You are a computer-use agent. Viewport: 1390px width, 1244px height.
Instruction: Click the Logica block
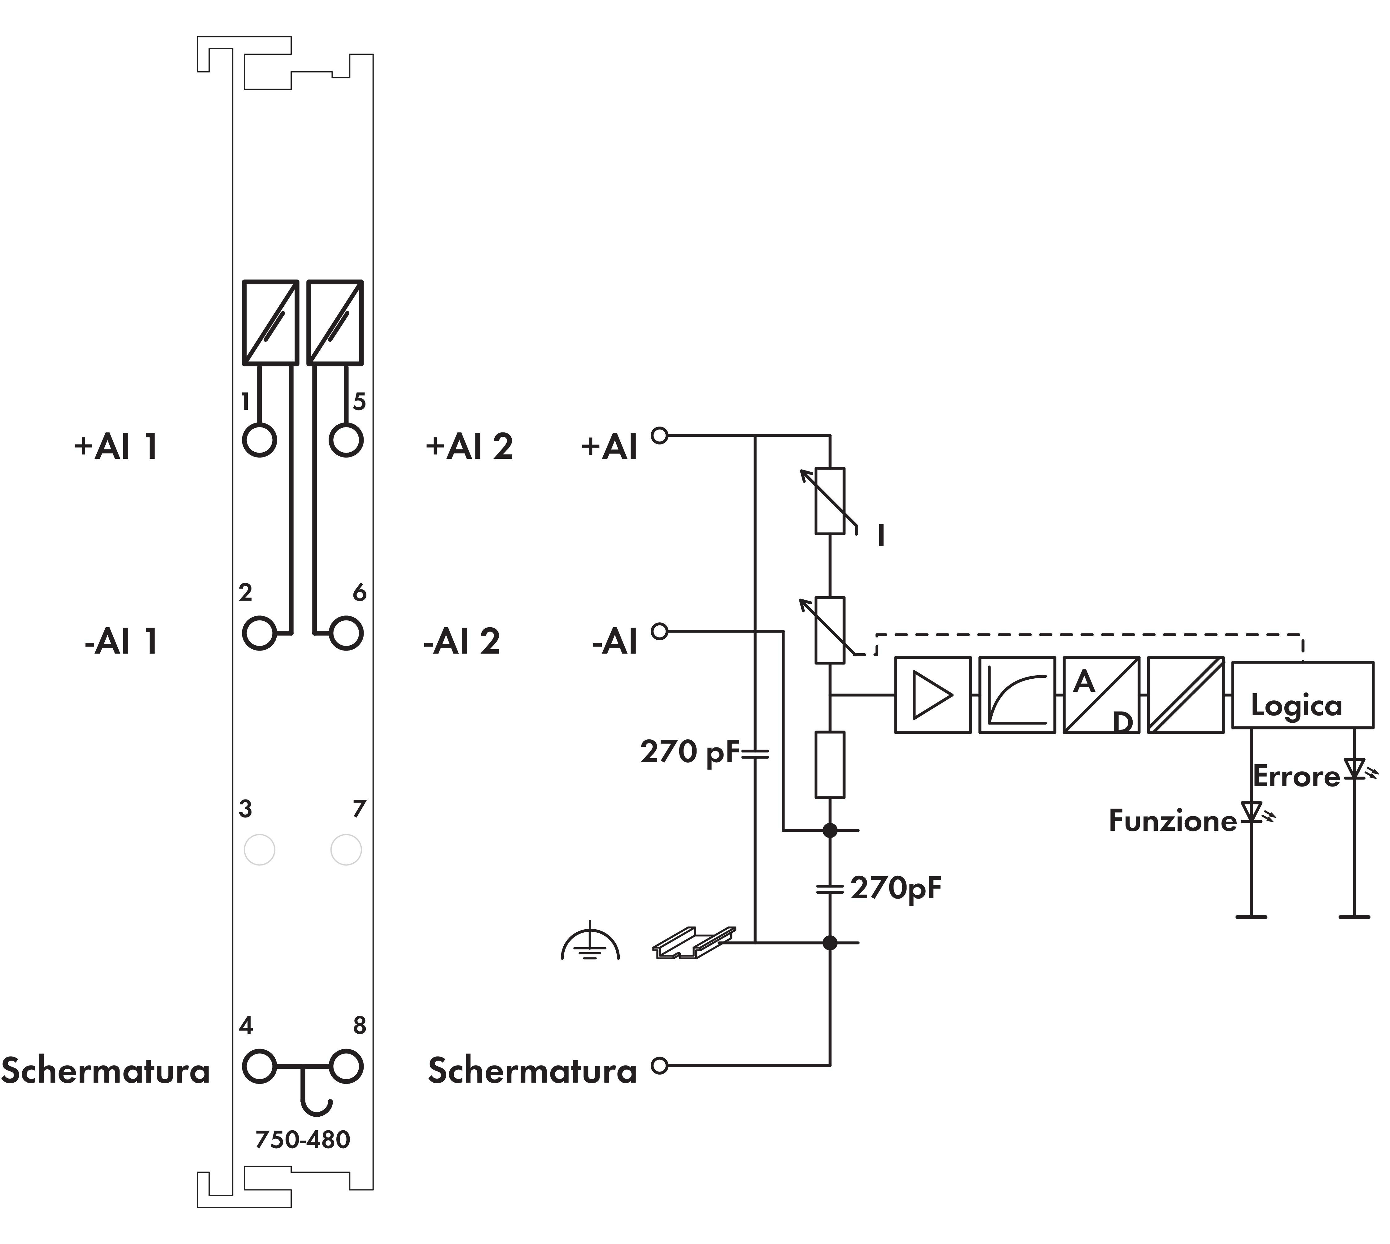tap(1302, 694)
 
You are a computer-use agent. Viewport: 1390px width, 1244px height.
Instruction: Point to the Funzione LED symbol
tap(1251, 812)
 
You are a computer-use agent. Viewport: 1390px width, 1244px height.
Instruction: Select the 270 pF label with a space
tap(690, 752)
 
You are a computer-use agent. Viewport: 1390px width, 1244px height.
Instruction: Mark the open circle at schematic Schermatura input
tap(659, 1065)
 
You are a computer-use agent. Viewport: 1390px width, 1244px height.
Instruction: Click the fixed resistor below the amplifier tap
tap(830, 764)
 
